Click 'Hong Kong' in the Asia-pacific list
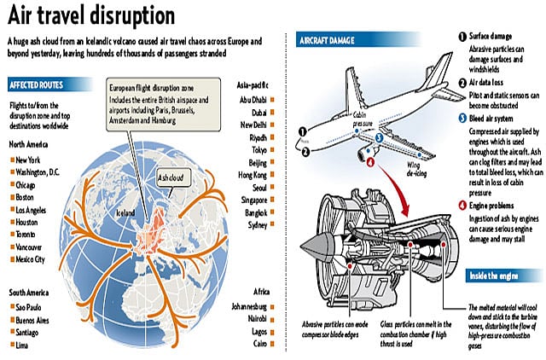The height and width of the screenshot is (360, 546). coord(255,173)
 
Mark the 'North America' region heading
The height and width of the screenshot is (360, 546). coord(33,143)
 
